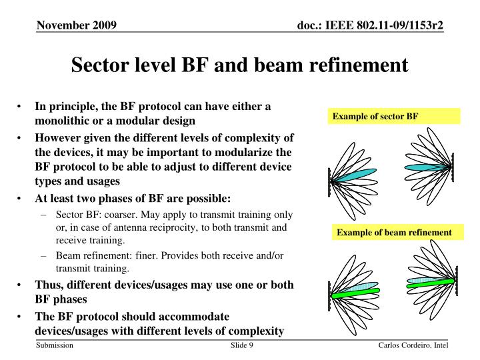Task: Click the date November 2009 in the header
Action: point(77,26)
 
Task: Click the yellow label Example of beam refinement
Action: point(394,233)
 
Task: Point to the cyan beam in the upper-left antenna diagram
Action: point(354,177)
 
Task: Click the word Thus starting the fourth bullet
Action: point(49,285)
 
